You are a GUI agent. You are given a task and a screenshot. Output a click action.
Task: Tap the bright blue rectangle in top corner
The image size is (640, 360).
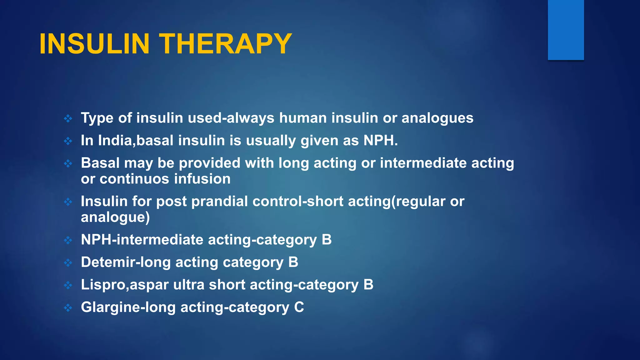(x=566, y=30)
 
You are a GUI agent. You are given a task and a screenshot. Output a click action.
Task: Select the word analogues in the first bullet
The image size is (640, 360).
(x=437, y=118)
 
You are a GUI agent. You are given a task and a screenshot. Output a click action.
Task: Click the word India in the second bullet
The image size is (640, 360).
(x=115, y=141)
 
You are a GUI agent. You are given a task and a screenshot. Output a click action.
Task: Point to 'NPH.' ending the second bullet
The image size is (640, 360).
(x=381, y=141)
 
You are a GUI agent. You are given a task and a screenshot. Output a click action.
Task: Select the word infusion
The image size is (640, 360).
(x=202, y=179)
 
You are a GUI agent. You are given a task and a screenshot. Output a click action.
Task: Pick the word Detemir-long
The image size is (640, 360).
(x=126, y=262)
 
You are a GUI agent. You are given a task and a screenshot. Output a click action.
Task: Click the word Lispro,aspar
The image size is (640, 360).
(x=125, y=285)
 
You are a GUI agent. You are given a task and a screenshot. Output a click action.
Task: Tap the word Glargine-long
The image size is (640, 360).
(x=128, y=307)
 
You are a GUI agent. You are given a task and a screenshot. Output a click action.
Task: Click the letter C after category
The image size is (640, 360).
(x=299, y=307)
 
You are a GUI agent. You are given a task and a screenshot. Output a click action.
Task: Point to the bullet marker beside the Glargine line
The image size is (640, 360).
(x=68, y=308)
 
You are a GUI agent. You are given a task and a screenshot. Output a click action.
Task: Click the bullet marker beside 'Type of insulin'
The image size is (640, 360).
(x=68, y=118)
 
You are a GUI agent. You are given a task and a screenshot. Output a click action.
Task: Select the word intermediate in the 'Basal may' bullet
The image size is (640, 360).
(x=423, y=163)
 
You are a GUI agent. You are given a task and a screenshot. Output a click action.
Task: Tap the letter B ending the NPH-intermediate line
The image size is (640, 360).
(x=327, y=240)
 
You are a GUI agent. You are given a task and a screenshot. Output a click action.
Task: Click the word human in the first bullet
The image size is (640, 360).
(x=303, y=118)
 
